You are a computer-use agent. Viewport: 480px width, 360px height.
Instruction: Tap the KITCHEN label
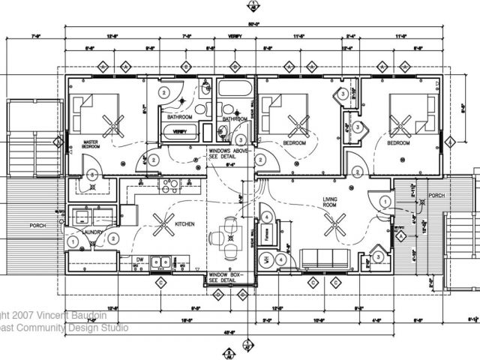(x=185, y=224)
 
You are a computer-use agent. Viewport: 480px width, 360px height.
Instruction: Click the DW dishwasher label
(x=139, y=261)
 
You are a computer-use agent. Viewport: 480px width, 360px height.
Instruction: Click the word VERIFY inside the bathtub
(x=180, y=131)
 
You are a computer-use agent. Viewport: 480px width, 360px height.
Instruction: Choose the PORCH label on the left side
(x=37, y=224)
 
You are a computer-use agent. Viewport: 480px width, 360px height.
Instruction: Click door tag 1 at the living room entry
(x=382, y=201)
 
